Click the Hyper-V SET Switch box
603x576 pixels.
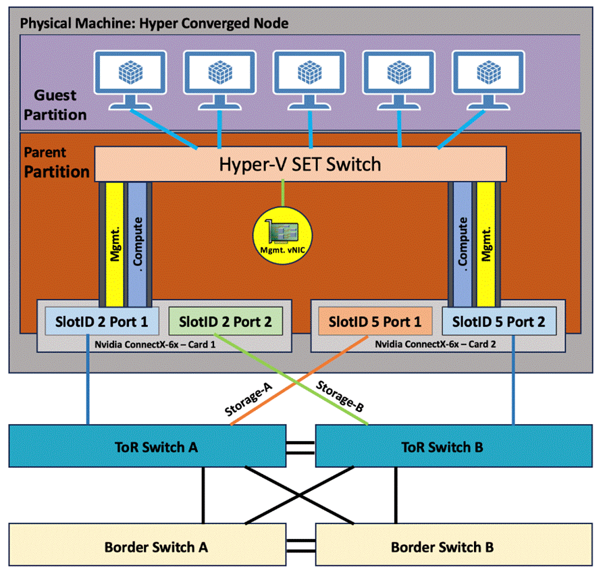pos(300,164)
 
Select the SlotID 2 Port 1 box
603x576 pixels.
pos(102,321)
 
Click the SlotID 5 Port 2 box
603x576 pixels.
pos(499,321)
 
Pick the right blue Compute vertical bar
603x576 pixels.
pos(463,240)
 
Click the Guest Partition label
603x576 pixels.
pos(55,105)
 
